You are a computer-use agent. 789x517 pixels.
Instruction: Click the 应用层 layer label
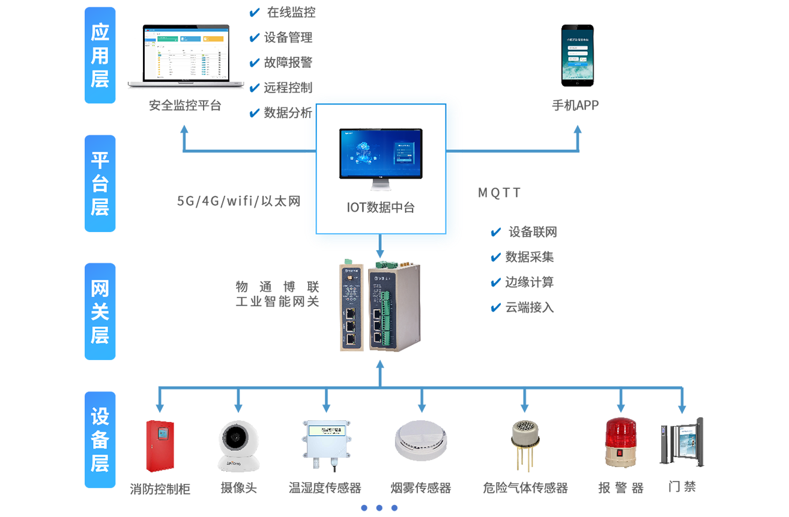click(100, 55)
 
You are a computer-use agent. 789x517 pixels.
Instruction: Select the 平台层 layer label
click(100, 183)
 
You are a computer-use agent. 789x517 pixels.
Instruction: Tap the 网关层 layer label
click(100, 311)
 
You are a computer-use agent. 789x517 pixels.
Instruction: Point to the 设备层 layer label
click(100, 439)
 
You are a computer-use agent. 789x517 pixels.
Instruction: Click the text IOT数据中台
click(381, 208)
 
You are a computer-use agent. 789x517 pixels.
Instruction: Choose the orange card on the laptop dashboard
click(213, 38)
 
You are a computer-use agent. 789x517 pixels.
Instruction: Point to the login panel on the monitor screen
click(404, 151)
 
